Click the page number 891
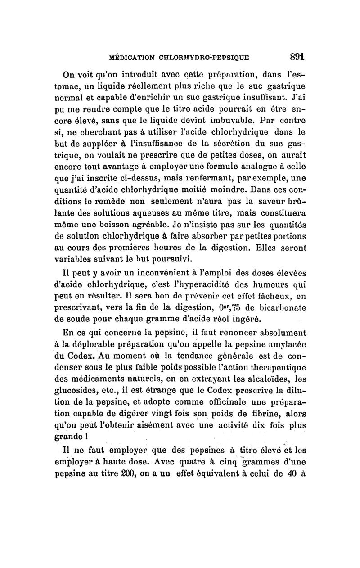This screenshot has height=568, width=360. [x=297, y=57]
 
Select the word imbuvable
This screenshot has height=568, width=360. [x=220, y=120]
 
